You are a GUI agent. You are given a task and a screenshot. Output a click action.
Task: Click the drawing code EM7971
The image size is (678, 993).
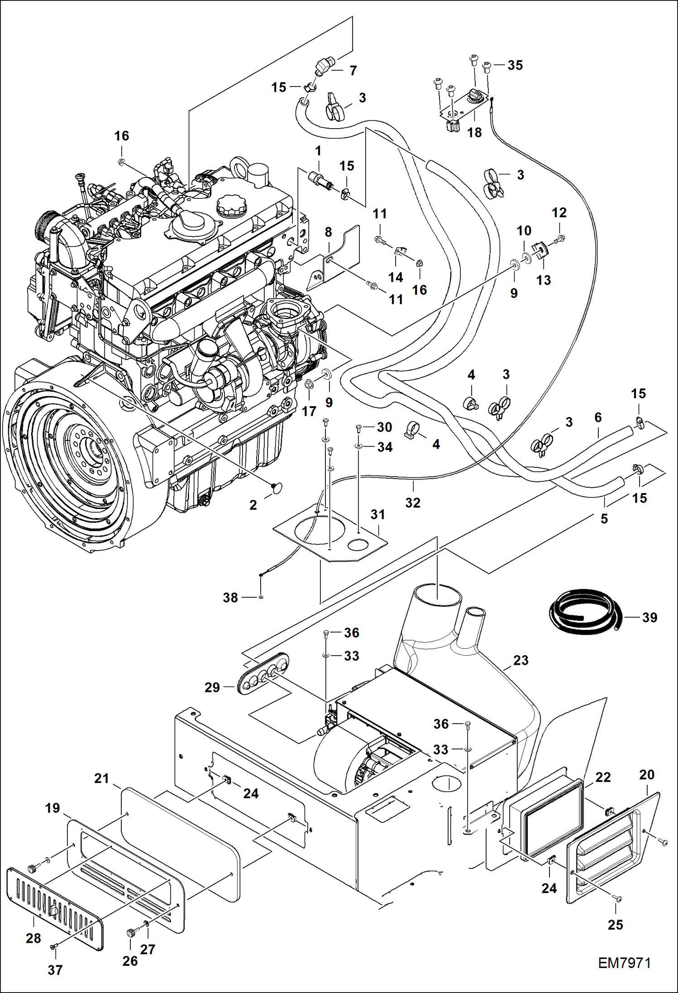tap(624, 963)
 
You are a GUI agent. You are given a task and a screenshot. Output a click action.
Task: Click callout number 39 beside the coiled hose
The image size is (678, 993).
tap(649, 617)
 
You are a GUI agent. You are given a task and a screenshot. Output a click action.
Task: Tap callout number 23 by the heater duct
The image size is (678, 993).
tap(520, 660)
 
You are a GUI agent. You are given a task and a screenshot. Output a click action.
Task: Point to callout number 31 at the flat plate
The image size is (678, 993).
tap(377, 514)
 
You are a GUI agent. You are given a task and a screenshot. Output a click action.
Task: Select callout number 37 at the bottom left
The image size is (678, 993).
tap(55, 969)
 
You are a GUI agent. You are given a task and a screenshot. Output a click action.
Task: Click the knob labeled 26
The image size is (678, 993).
tap(130, 932)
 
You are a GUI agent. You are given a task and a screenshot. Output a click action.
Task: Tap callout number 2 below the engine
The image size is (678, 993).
tap(253, 504)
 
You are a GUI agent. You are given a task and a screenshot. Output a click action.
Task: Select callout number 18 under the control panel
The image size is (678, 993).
tap(474, 132)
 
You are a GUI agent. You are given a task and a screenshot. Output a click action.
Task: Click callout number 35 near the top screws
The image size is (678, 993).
tap(515, 65)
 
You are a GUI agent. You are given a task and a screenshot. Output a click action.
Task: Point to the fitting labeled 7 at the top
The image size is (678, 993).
tap(323, 67)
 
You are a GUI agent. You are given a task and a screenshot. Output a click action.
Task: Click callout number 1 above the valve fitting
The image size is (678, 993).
tap(318, 151)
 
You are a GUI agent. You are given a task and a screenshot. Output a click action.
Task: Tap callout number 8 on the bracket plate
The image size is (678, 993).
tap(328, 232)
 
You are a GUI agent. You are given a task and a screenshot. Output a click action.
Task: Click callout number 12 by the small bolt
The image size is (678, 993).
tap(559, 212)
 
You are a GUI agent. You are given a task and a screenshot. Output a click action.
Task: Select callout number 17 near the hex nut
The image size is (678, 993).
tap(309, 411)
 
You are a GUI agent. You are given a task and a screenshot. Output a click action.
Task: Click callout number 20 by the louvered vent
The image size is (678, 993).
tap(646, 774)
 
